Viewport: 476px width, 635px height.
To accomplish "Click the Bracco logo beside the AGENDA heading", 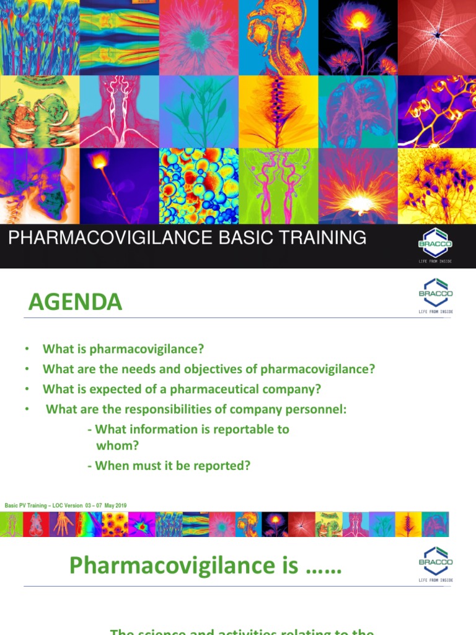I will pos(436,295).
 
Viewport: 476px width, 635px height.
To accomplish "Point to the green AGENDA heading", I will pos(75,303).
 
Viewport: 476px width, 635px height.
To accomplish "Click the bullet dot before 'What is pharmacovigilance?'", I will pos(27,350).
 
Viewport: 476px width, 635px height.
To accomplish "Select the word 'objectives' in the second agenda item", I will pos(229,370).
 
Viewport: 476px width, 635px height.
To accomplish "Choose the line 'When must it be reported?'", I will pos(172,465).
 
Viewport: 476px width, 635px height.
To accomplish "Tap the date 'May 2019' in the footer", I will pos(116,506).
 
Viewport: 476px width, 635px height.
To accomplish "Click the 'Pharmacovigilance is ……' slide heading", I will pos(205,566).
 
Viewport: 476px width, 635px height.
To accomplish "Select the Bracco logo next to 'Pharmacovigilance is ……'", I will pos(436,564).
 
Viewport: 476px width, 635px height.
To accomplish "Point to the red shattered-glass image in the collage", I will pos(438,37).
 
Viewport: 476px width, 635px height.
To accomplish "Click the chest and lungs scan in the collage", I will pos(357,112).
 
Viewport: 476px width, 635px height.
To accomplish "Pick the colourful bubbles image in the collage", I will pos(198,186).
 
